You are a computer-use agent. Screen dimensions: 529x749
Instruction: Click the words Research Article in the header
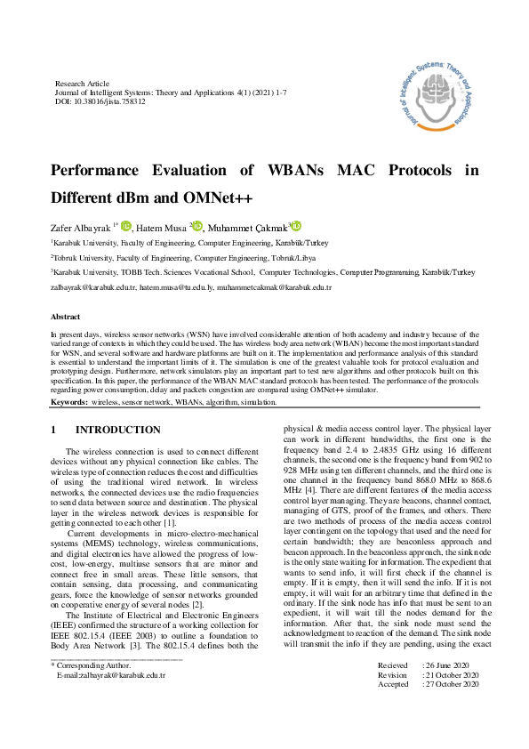coord(83,83)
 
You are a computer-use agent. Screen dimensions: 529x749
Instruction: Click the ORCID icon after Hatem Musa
coord(198,227)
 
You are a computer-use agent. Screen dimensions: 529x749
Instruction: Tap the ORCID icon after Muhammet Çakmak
coord(296,227)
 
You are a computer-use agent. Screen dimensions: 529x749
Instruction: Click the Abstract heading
coord(67,317)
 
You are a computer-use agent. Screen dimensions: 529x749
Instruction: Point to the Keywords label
coord(68,402)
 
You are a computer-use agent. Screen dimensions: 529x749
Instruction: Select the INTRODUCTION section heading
coord(118,430)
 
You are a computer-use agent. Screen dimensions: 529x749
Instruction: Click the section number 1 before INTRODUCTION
coord(54,430)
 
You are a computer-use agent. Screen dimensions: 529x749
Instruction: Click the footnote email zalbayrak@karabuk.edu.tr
coord(112,699)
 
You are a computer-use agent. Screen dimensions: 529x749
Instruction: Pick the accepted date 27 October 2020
coord(453,709)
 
